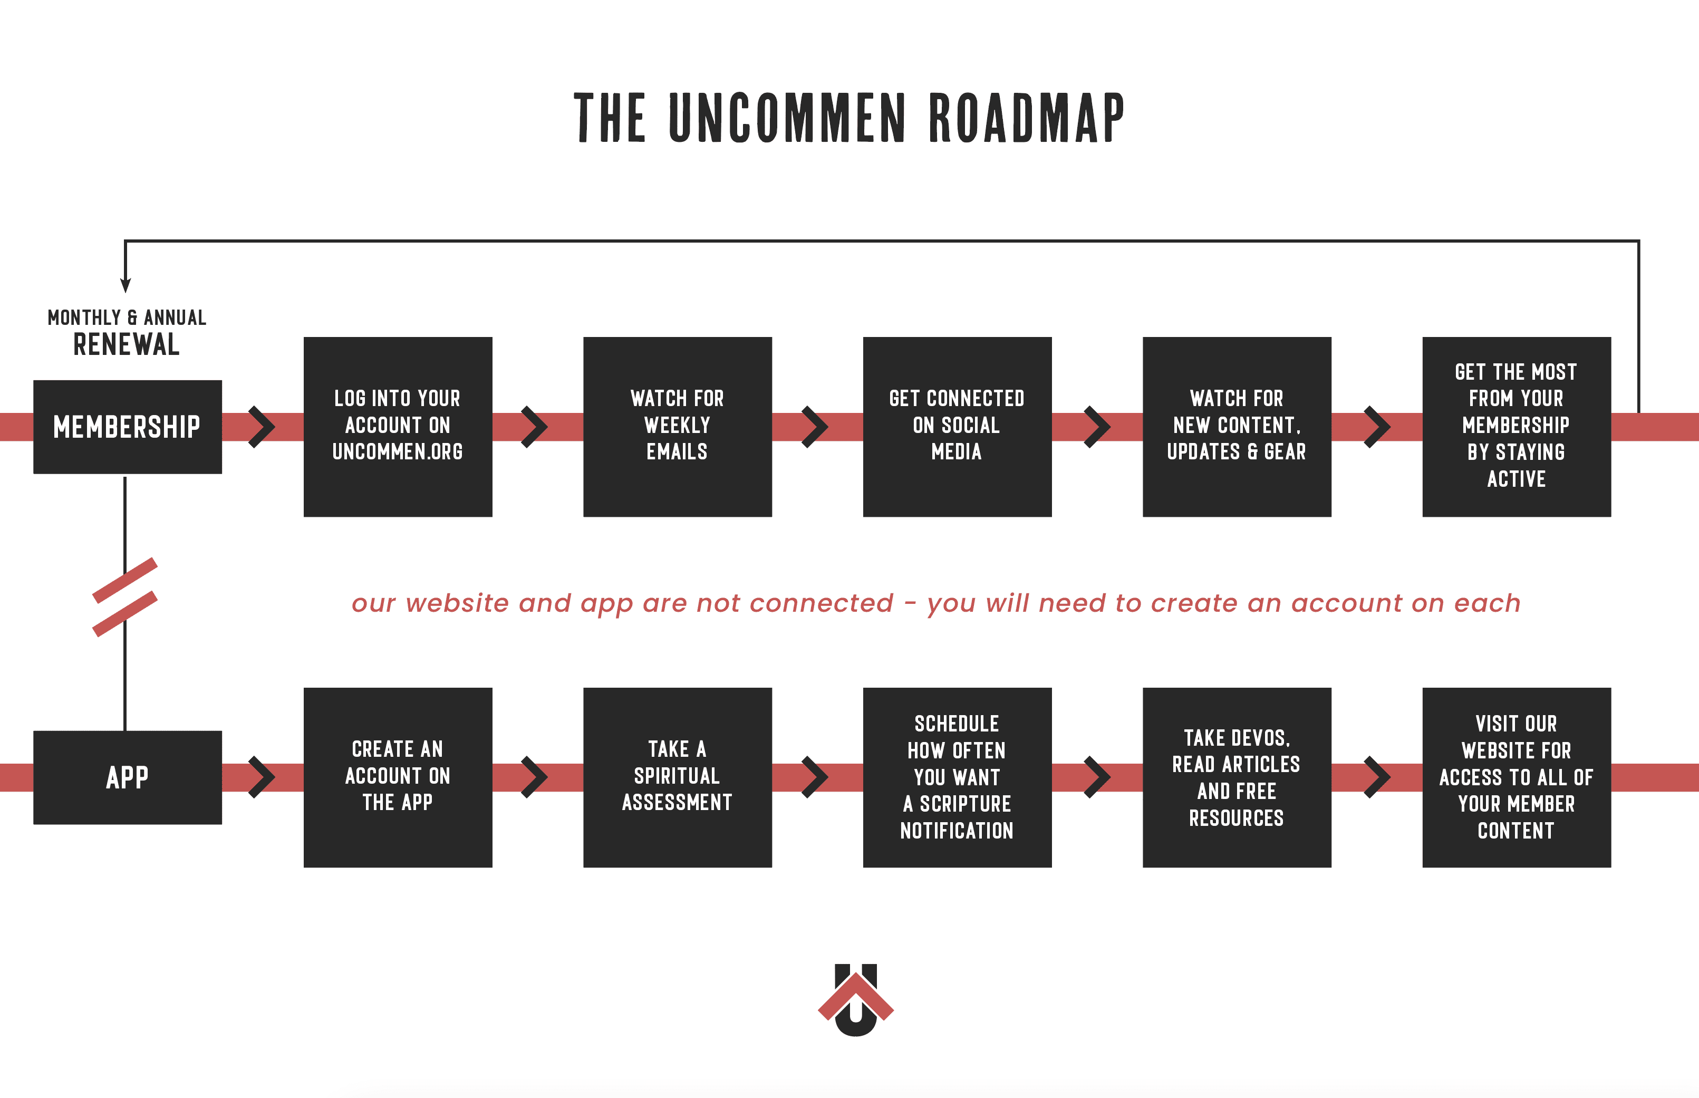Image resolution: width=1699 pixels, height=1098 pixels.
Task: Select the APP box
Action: [x=128, y=777]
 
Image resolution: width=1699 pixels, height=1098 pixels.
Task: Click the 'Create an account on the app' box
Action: [x=398, y=777]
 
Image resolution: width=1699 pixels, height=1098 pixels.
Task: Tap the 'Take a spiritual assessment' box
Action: [x=677, y=777]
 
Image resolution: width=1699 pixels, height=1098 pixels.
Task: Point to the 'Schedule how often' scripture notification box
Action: [x=957, y=777]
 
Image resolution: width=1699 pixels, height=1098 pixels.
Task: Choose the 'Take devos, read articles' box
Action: [x=1237, y=777]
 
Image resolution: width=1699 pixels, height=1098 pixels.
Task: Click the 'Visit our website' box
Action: [x=1517, y=777]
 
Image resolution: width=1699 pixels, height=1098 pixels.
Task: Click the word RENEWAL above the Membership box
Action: [x=127, y=344]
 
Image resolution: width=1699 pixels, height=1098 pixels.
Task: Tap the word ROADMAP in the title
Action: [x=1027, y=118]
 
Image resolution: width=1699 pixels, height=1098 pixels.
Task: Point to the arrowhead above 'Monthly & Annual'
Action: [x=126, y=285]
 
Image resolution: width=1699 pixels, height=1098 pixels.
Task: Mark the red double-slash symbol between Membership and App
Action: [x=125, y=598]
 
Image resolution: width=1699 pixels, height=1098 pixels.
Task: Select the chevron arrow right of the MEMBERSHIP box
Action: [x=262, y=427]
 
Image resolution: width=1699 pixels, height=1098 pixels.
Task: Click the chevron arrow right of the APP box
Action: [x=262, y=778]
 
